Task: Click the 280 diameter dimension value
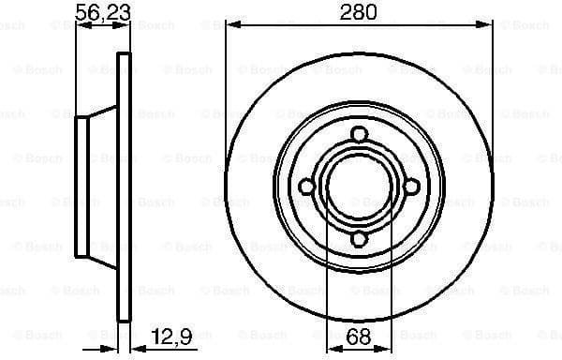358,12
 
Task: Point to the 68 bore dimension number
357,336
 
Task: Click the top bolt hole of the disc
360,136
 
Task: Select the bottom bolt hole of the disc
360,242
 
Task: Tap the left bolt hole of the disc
306,188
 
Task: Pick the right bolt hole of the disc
412,188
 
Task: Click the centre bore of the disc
360,188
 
